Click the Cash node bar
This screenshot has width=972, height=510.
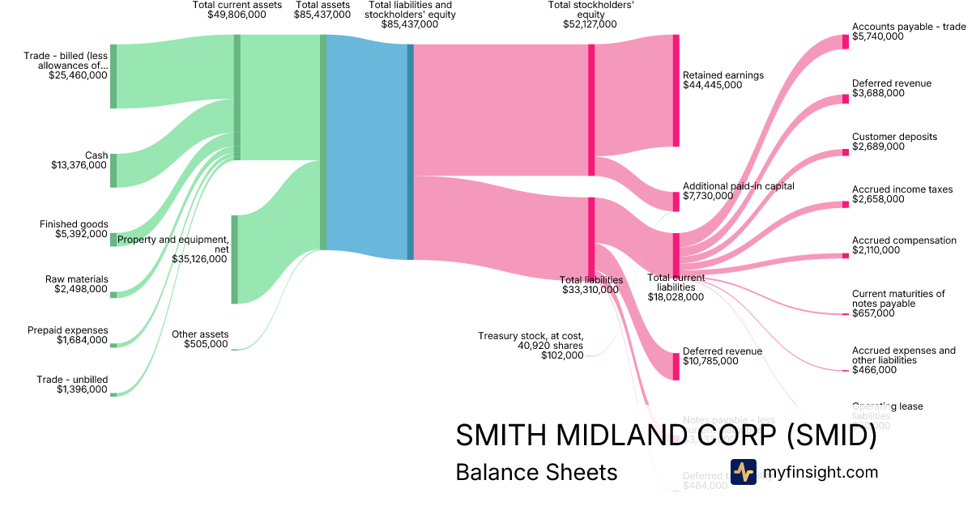coord(113,170)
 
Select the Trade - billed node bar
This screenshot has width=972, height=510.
coord(113,76)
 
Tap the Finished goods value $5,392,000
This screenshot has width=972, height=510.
coord(79,235)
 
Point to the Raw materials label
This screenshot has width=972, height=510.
coord(76,279)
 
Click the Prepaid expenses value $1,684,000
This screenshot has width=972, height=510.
coord(81,340)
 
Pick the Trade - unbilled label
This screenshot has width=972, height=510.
coord(72,380)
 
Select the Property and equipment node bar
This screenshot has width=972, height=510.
coord(235,259)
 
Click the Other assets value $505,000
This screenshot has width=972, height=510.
coord(206,344)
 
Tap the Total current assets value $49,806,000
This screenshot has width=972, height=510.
coord(237,15)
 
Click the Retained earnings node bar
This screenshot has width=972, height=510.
coord(676,91)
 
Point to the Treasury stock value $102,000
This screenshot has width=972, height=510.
coord(562,355)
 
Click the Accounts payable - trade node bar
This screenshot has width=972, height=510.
coord(846,42)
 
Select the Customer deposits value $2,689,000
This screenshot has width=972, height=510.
coord(878,147)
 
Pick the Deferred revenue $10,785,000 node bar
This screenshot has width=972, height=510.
coord(676,366)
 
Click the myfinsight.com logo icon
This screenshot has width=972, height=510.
coord(743,472)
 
